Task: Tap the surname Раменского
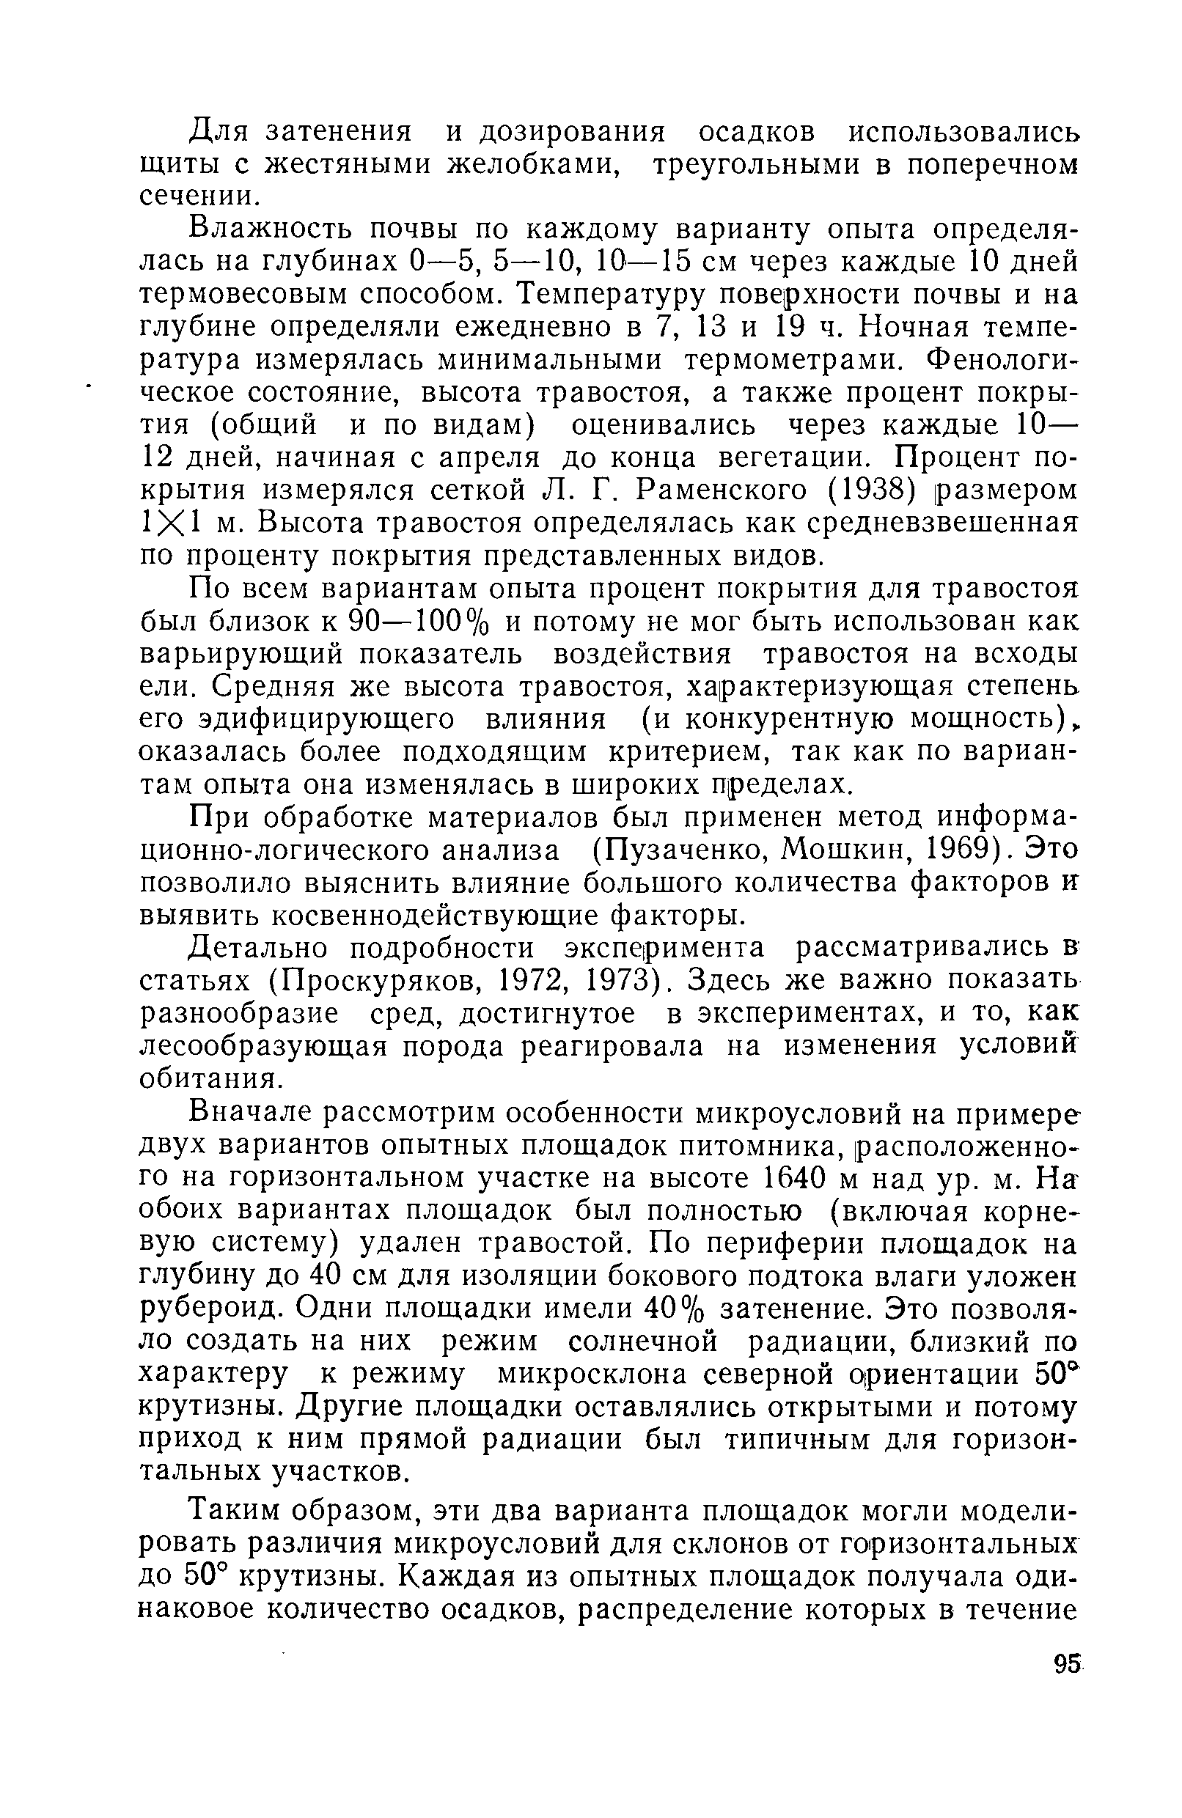(x=722, y=490)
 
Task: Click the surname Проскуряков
(x=375, y=980)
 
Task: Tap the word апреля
(x=489, y=457)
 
